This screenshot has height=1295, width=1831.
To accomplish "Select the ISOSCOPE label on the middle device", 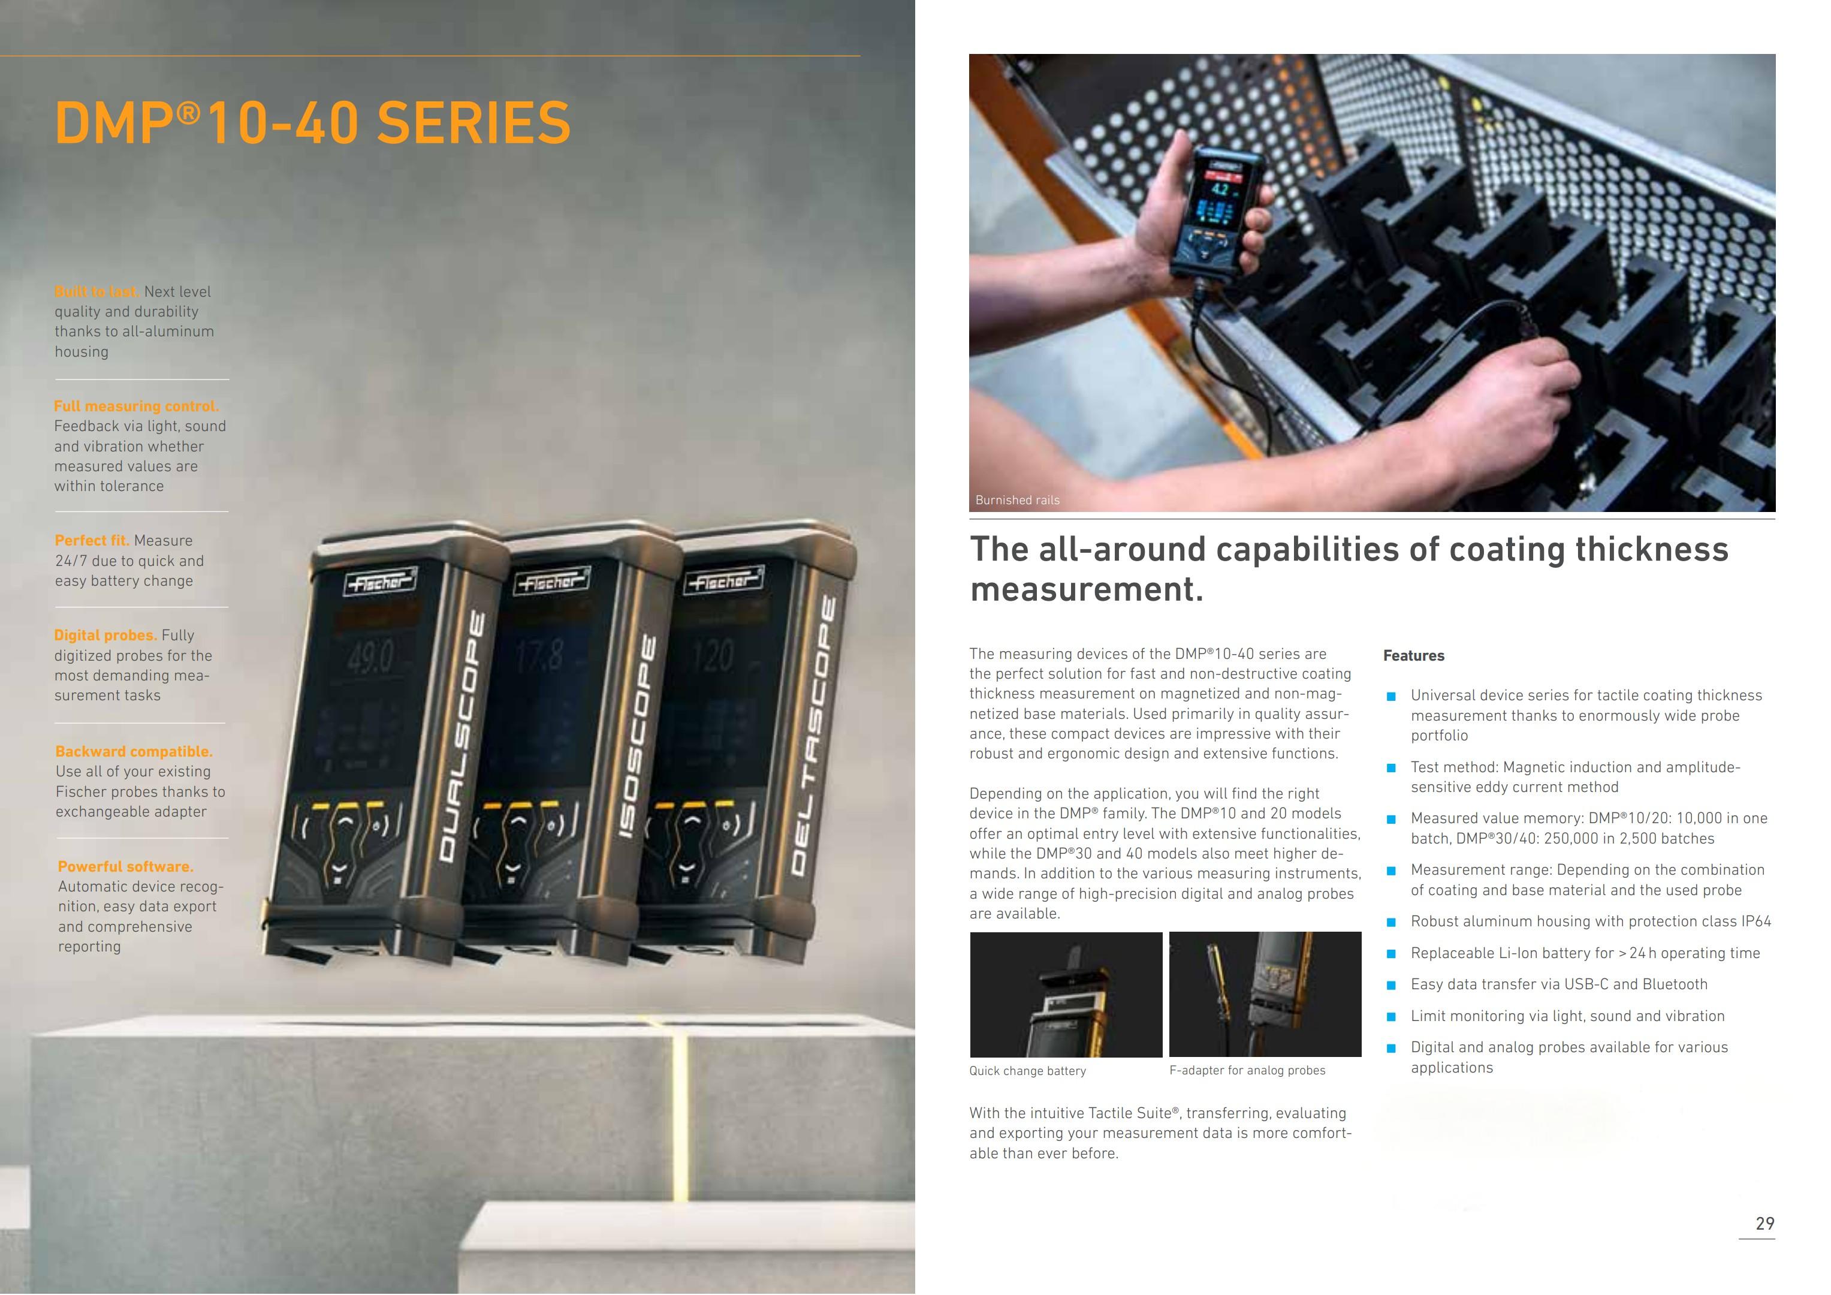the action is tap(637, 737).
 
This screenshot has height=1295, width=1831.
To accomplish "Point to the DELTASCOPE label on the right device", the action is tap(815, 735).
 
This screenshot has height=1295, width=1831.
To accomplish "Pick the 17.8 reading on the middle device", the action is tap(539, 656).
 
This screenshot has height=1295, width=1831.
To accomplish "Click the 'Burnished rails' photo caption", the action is tap(1018, 500).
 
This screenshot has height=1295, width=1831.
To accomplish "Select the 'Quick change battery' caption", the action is tap(1027, 1071).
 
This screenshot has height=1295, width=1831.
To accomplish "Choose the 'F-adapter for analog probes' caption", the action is tap(1247, 1070).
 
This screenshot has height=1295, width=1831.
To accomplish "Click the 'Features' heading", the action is tap(1413, 656).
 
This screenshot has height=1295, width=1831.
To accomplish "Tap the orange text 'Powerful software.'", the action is tap(125, 866).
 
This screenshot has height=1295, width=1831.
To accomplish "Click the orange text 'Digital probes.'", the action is tap(106, 635).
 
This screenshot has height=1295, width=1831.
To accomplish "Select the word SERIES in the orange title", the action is tap(473, 123).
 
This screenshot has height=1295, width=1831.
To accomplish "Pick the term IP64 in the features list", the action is tap(1756, 921).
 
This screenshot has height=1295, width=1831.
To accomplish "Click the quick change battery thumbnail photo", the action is tap(1066, 994).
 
